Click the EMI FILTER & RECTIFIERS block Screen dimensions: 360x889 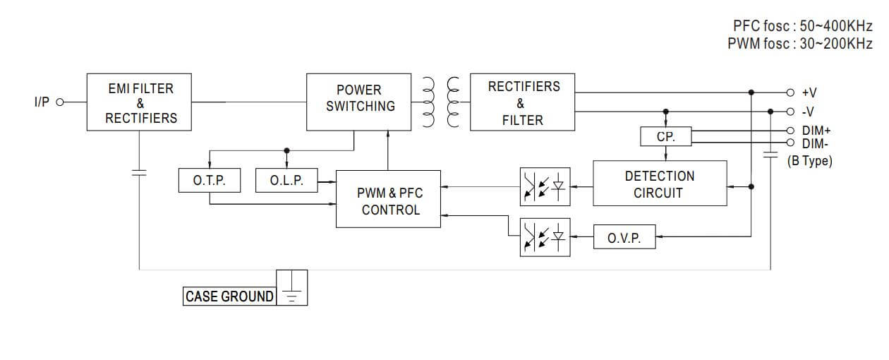pos(140,102)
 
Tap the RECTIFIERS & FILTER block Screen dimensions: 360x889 pos(523,102)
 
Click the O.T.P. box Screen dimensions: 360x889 pos(209,181)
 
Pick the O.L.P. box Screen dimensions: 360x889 pos(286,181)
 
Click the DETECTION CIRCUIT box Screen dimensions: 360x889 pos(659,184)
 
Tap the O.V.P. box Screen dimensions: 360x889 pos(624,238)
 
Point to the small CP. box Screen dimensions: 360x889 pos(666,137)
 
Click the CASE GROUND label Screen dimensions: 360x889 pos(229,296)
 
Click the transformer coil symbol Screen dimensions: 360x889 pos(440,102)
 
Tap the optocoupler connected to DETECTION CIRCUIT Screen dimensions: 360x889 pos(544,186)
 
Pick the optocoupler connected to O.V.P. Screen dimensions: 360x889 pos(544,237)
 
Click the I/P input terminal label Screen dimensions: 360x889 pos(42,102)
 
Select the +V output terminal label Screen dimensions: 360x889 pos(809,92)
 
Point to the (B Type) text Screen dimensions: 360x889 pos(809,161)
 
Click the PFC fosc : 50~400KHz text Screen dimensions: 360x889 pos(802,26)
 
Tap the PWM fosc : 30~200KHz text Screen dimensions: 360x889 pos(799,44)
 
